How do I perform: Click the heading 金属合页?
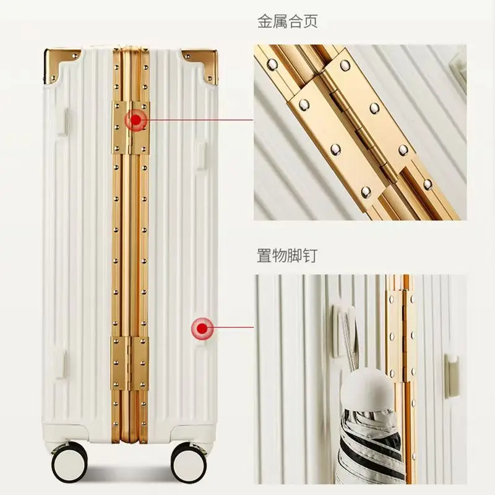(287, 22)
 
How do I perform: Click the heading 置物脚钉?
(287, 256)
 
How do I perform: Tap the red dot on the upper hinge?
(136, 120)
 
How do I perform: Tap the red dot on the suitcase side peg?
(202, 329)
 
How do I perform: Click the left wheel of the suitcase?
(69, 463)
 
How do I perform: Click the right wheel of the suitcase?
(189, 463)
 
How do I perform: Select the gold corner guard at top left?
(61, 66)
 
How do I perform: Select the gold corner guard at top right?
(200, 65)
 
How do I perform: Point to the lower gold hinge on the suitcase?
(130, 364)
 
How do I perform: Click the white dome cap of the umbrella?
(367, 390)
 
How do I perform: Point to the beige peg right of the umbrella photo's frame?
(452, 376)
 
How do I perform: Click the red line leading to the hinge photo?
(200, 120)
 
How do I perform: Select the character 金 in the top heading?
(265, 22)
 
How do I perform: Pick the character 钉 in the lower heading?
(310, 256)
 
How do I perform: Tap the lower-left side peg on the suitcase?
(61, 364)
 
